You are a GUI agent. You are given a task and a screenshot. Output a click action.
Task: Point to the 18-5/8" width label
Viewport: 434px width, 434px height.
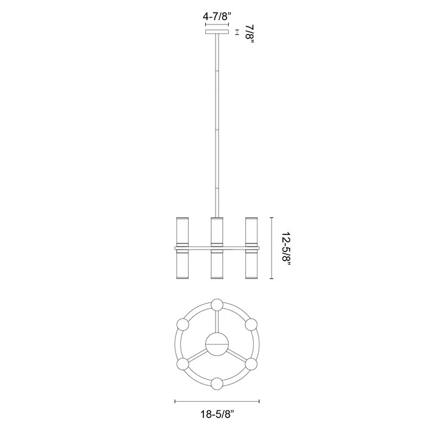pos(217,414)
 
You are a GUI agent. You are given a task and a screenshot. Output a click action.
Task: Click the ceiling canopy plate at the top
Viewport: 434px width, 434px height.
pos(217,32)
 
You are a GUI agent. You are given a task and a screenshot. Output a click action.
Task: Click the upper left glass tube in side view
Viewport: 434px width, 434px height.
pos(183,230)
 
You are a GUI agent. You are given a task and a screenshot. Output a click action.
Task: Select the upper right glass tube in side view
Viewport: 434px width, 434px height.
pos(251,230)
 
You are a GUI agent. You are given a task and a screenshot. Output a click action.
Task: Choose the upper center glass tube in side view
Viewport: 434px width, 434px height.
pos(217,230)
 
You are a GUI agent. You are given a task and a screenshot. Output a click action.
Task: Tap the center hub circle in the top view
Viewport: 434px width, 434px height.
pos(217,345)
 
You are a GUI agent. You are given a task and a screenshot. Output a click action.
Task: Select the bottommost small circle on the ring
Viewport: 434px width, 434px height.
pos(217,383)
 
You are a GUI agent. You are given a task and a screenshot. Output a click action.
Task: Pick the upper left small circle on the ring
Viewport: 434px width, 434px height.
pos(182,324)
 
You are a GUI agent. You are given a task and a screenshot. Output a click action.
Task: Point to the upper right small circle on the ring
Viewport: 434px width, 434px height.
pos(251,324)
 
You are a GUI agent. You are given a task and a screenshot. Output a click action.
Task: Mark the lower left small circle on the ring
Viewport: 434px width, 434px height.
pos(182,364)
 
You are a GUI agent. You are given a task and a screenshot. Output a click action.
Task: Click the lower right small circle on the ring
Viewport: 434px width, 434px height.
pos(251,364)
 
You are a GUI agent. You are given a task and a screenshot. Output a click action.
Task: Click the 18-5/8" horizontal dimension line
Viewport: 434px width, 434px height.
pos(217,401)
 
